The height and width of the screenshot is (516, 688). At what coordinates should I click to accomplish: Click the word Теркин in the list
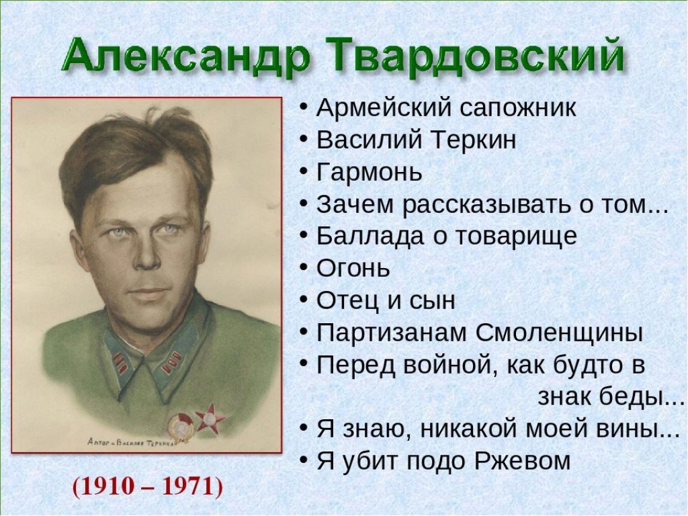pyautogui.click(x=472, y=140)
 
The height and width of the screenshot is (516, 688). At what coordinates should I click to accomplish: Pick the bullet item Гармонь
pyautogui.click(x=369, y=172)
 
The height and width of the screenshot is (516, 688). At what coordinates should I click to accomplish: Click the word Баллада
pyautogui.click(x=370, y=236)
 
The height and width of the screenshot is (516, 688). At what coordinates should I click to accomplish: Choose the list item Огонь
pyautogui.click(x=353, y=268)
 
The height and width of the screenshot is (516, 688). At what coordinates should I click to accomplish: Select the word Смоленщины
pyautogui.click(x=559, y=333)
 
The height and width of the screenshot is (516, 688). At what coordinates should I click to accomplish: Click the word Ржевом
pyautogui.click(x=522, y=461)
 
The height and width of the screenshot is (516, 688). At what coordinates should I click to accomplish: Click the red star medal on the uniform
pyautogui.click(x=210, y=418)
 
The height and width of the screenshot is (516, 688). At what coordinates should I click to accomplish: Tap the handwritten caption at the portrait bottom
pyautogui.click(x=131, y=442)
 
